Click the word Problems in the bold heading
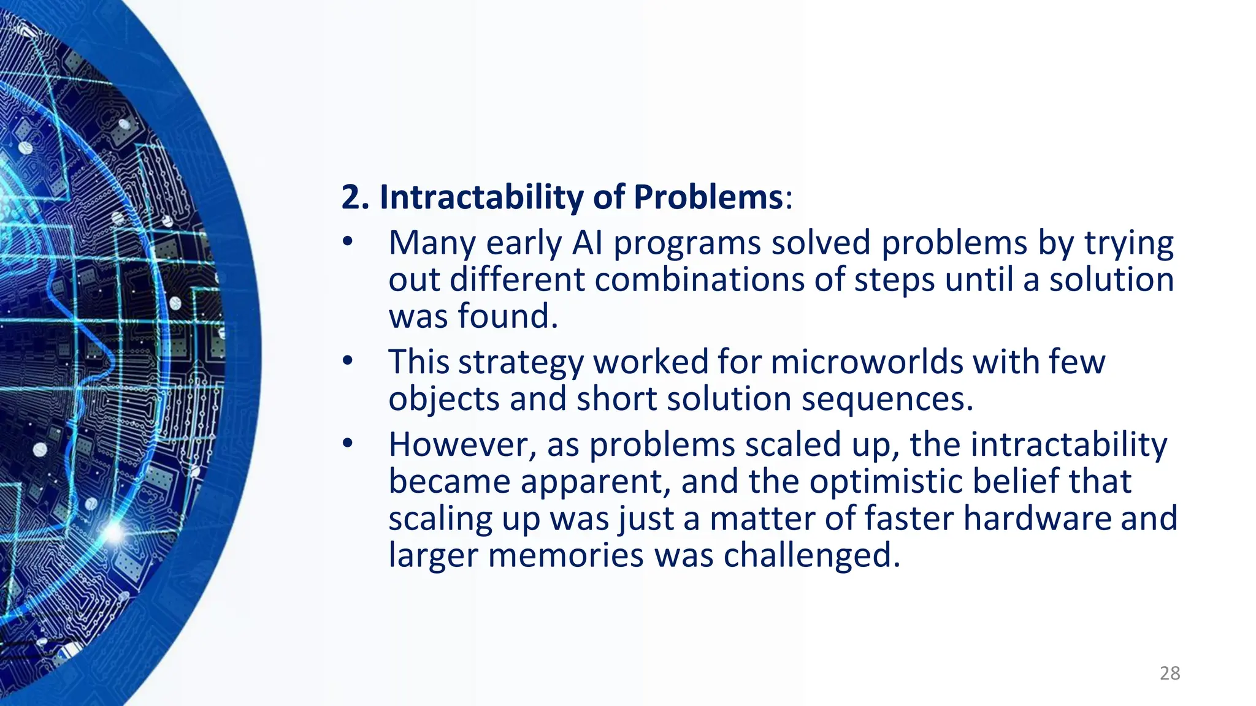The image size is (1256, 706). pyautogui.click(x=708, y=198)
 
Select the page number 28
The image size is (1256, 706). pyautogui.click(x=1170, y=674)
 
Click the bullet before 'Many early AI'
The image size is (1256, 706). pyautogui.click(x=348, y=242)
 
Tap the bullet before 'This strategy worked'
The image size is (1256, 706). pyautogui.click(x=348, y=361)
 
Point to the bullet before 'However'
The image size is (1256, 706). pyautogui.click(x=348, y=444)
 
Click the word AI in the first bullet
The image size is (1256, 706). pyautogui.click(x=588, y=243)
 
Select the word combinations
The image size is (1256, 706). pyautogui.click(x=699, y=279)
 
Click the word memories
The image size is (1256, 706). pyautogui.click(x=566, y=556)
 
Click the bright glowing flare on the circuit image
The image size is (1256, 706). pyautogui.click(x=114, y=532)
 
